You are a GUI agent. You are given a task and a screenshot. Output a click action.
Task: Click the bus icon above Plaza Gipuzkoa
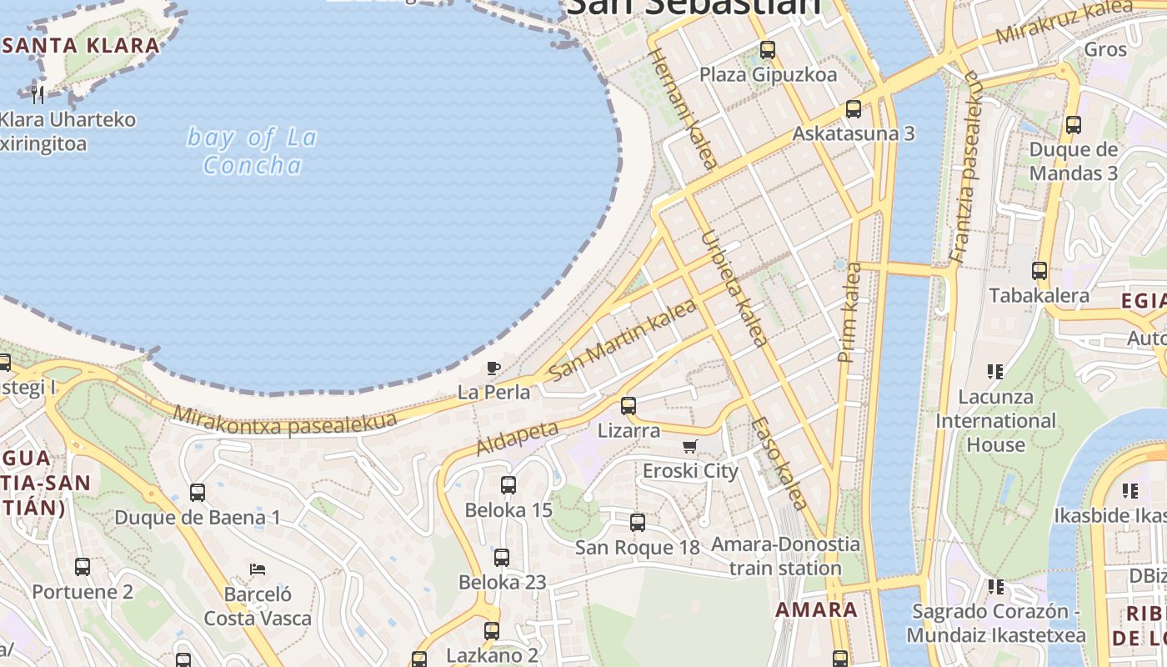pos(768,50)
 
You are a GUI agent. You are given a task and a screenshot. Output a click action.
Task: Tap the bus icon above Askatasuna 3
pos(853,109)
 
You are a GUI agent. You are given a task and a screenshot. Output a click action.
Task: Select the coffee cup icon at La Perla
pos(493,367)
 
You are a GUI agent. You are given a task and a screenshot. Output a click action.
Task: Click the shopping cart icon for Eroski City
pos(689,447)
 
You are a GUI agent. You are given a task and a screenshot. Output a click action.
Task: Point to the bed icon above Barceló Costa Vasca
pos(258,569)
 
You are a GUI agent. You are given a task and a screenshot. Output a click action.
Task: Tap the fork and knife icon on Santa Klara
pos(38,93)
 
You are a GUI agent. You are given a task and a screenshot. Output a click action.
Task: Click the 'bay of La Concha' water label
pos(252,151)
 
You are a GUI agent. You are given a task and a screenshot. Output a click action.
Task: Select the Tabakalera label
pos(1039,295)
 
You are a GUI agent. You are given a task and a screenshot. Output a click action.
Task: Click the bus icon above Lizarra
pos(629,406)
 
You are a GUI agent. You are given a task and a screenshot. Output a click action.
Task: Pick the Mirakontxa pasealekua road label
pos(285,421)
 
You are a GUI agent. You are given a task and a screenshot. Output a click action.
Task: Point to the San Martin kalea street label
pos(623,340)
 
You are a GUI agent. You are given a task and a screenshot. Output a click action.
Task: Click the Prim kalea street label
pos(851,312)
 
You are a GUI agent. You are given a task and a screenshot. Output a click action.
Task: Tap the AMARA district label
pos(816,609)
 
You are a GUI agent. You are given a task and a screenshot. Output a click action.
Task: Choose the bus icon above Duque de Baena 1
pos(198,493)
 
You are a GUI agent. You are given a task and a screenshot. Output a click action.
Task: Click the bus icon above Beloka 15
pos(508,485)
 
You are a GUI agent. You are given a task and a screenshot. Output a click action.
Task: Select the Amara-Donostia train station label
pos(785,556)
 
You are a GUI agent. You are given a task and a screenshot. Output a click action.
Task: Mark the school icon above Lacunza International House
pos(994,371)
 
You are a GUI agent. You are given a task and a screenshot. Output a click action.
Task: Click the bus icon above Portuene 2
pos(83,567)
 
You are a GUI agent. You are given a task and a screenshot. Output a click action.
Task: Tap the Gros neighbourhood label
pos(1105,49)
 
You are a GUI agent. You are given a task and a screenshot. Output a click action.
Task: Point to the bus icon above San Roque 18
pos(638,523)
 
